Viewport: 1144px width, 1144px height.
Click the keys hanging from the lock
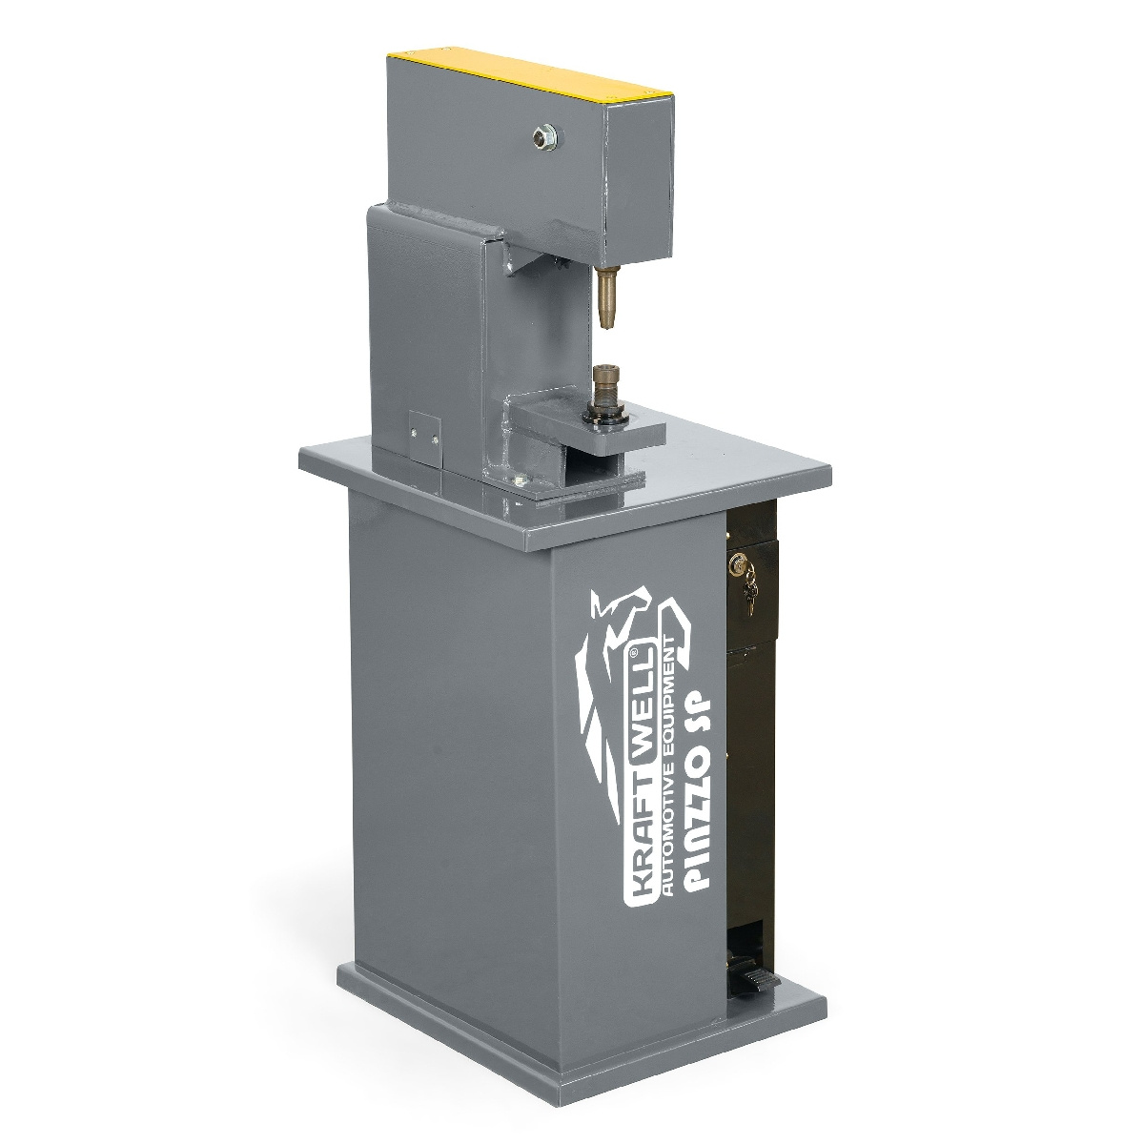pos(750,588)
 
